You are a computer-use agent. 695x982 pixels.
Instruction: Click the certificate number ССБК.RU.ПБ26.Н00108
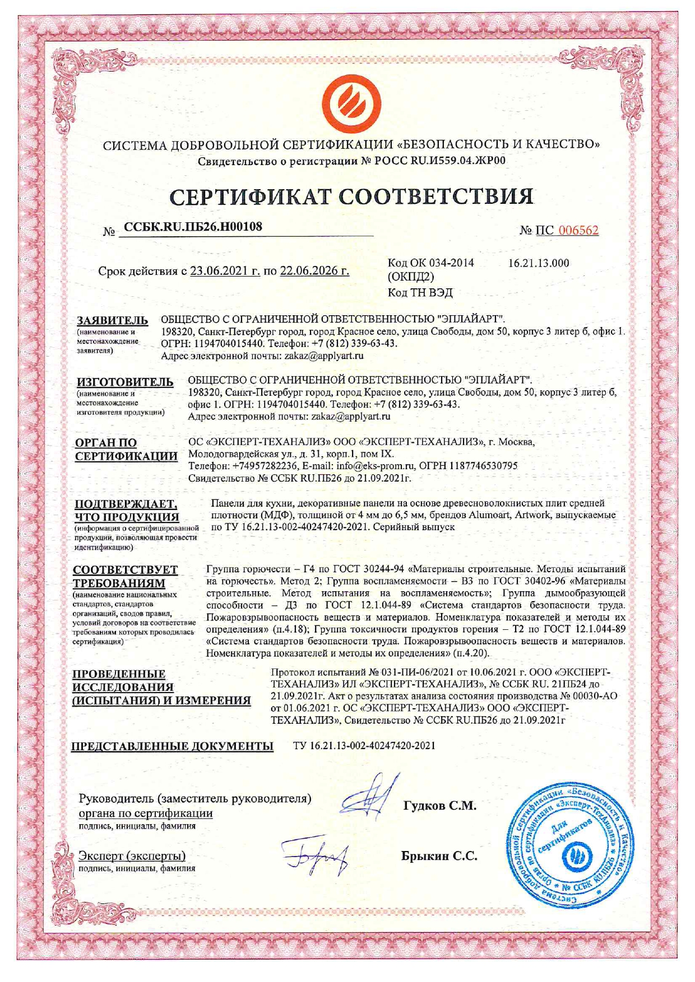193,227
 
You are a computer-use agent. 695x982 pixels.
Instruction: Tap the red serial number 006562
579,230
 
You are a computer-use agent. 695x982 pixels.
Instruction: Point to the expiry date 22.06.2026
314,271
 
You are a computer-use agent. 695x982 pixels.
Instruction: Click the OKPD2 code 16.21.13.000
538,263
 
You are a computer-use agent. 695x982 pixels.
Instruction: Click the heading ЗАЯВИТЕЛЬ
112,321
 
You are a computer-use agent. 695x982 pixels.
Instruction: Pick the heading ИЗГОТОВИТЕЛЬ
125,382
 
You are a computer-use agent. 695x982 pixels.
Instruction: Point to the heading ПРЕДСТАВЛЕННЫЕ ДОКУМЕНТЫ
173,746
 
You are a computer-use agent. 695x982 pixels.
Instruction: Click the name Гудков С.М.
439,806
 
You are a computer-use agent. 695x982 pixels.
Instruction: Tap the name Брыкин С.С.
439,856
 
